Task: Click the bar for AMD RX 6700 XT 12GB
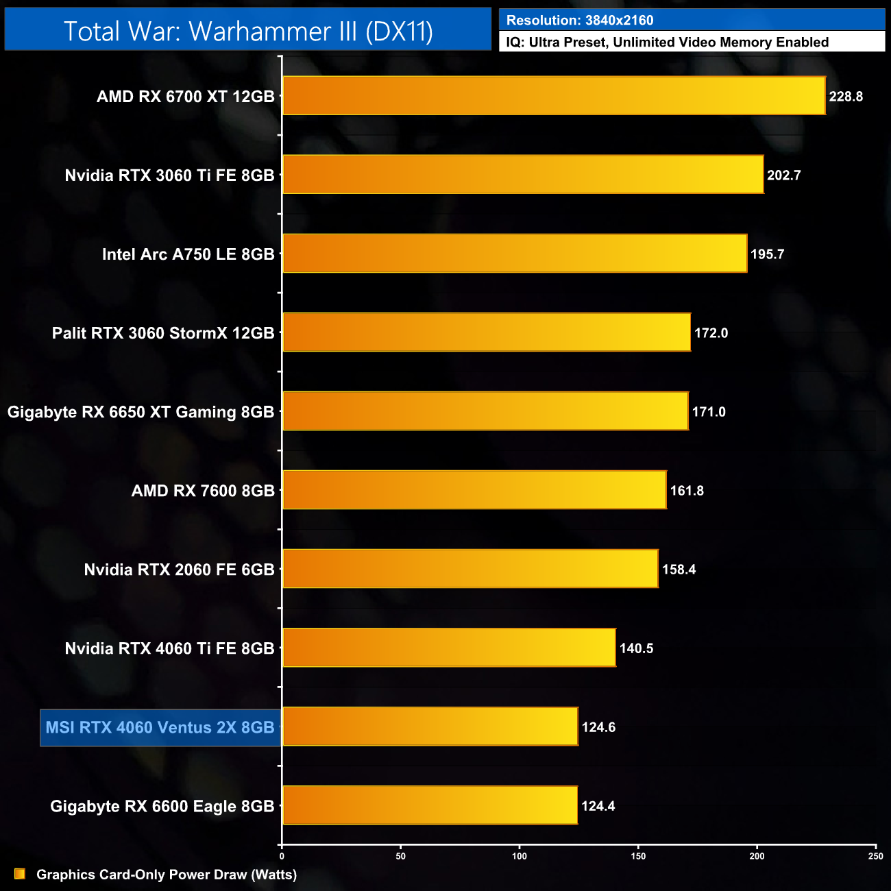(x=554, y=96)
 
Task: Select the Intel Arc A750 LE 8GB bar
(x=515, y=254)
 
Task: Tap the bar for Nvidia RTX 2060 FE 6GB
(x=470, y=569)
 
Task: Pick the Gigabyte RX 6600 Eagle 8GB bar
(x=430, y=805)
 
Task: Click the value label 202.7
(x=783, y=175)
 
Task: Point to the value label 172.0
(x=711, y=333)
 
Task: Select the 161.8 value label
(x=687, y=491)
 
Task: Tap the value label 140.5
(x=636, y=648)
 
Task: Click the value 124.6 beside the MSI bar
(x=598, y=727)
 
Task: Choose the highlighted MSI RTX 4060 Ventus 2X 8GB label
(x=160, y=727)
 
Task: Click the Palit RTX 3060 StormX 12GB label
(x=163, y=333)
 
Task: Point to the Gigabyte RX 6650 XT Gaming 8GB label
(x=141, y=412)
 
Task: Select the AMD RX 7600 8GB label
(x=203, y=491)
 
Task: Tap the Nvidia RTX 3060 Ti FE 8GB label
(x=169, y=175)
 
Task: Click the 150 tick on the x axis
(x=638, y=856)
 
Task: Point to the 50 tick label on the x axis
(x=401, y=856)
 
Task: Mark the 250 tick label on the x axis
(x=875, y=856)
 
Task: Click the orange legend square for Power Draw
(x=20, y=874)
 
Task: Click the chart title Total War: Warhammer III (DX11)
(x=248, y=32)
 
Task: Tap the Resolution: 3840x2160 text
(x=580, y=21)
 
